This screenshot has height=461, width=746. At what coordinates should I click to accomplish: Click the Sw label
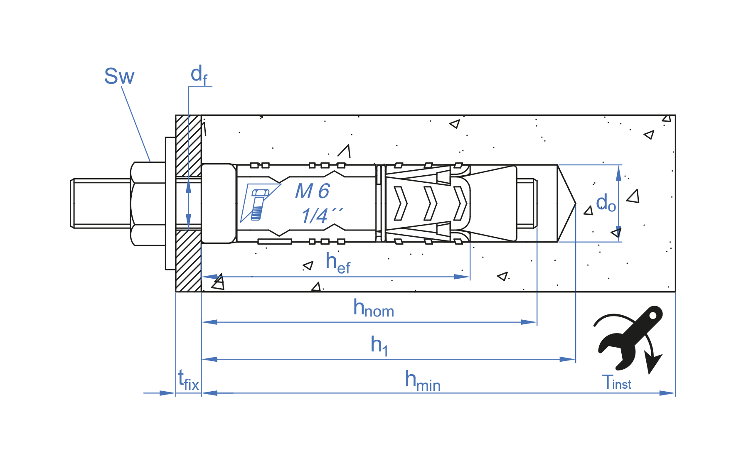click(x=119, y=76)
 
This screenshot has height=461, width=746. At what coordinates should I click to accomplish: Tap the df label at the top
click(x=199, y=75)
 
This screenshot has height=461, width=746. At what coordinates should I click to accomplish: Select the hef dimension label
click(x=337, y=263)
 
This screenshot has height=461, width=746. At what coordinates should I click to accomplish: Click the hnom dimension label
click(x=373, y=309)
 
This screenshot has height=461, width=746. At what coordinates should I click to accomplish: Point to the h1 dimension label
click(x=379, y=345)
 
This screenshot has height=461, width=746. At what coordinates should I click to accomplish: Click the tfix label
click(x=188, y=380)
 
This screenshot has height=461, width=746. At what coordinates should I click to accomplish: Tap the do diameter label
click(x=606, y=203)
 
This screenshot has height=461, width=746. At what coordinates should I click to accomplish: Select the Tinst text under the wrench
click(x=616, y=383)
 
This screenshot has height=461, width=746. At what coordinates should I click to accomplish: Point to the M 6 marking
click(x=312, y=191)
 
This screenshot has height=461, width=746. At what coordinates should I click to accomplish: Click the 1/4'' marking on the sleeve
click(x=321, y=216)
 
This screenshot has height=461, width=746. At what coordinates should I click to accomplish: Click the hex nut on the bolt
click(x=148, y=204)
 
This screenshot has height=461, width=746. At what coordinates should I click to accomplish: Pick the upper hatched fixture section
click(x=188, y=145)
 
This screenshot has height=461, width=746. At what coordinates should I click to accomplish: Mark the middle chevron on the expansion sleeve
click(x=430, y=204)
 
